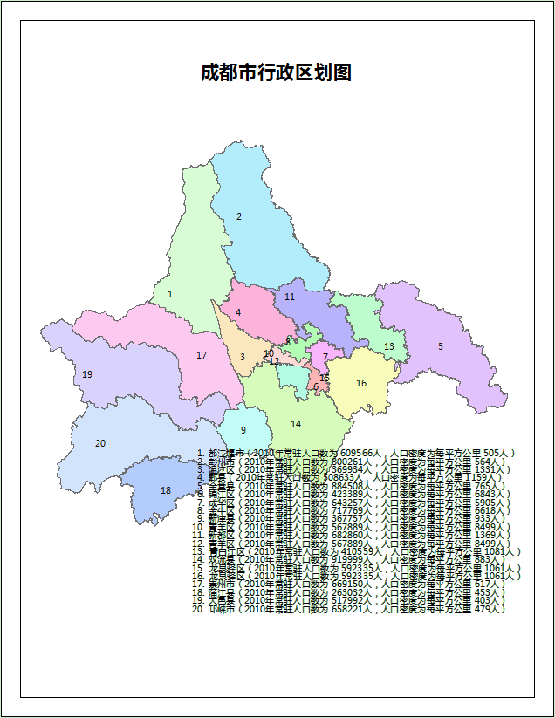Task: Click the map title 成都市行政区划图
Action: pos(276,72)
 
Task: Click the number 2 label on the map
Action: pos(239,216)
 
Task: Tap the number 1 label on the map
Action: pos(170,295)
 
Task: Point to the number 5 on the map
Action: pos(441,346)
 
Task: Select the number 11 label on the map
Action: pos(290,297)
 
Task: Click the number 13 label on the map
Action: pos(389,346)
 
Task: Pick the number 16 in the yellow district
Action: pos(361,383)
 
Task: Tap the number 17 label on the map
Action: pos(202,355)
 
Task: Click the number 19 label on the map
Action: pos(87,374)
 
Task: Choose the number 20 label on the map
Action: pos(100,443)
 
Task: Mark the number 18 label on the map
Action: pos(166,490)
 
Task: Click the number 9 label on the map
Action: pos(243,430)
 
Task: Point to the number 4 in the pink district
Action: pos(238,312)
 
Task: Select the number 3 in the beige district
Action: pos(243,356)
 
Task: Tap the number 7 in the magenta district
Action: pos(325,357)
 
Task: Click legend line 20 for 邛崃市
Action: pos(349,610)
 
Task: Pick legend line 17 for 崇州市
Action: pos(349,585)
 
